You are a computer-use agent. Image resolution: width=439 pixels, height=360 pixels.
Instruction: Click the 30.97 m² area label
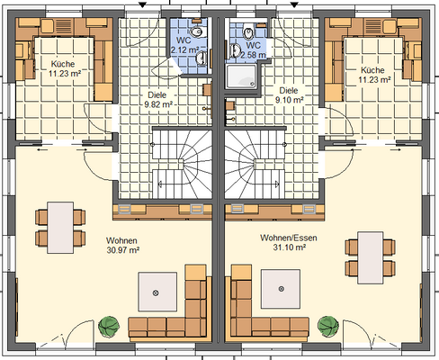coord(123,250)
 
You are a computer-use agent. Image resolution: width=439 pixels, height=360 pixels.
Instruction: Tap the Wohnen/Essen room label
coord(289,238)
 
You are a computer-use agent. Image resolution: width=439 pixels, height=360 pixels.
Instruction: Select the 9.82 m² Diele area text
coord(158,104)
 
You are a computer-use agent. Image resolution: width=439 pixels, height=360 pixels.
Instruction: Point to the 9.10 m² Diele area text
coord(290,100)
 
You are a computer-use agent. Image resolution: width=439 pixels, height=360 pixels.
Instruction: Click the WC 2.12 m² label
coord(184,45)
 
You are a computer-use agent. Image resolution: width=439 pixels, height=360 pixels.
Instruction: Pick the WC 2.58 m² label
coord(254,50)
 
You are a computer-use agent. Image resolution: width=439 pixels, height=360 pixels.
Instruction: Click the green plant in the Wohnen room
coord(109,327)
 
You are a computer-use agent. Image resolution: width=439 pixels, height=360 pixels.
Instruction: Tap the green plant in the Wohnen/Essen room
coord(328,327)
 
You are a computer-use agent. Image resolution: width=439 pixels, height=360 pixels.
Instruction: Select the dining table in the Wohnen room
coord(60,228)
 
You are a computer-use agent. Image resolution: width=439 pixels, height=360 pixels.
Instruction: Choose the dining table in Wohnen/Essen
coord(371,257)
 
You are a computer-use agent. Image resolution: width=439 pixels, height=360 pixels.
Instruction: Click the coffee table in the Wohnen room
coord(157,292)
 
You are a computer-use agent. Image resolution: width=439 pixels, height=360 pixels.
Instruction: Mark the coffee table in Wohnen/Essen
coord(281,289)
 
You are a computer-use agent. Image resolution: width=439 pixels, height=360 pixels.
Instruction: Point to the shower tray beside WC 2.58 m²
coord(242,76)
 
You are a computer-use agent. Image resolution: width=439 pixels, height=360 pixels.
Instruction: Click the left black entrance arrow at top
coord(142,5)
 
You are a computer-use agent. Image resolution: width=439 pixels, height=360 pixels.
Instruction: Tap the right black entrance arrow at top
coord(294,5)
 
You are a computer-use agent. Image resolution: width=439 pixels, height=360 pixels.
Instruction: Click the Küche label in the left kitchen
coord(63,64)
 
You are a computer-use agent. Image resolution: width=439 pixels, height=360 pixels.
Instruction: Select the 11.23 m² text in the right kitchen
coord(374,80)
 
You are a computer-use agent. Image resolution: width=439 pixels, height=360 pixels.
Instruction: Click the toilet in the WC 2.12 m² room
coord(197,31)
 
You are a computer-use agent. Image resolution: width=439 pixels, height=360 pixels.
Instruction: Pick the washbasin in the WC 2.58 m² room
coord(236,50)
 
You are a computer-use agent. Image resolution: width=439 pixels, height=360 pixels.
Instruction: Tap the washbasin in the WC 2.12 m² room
coord(202,58)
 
